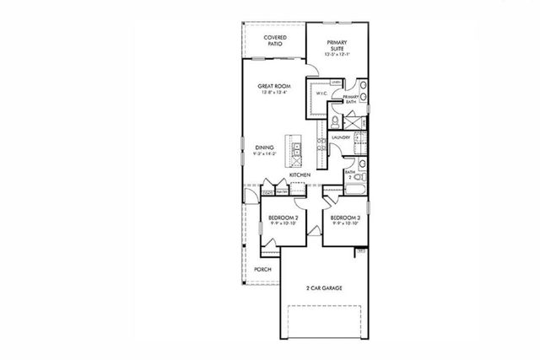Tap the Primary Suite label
tap(337, 46)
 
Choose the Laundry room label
tap(341, 137)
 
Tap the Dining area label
tap(264, 148)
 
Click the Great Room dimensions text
tap(275, 94)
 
